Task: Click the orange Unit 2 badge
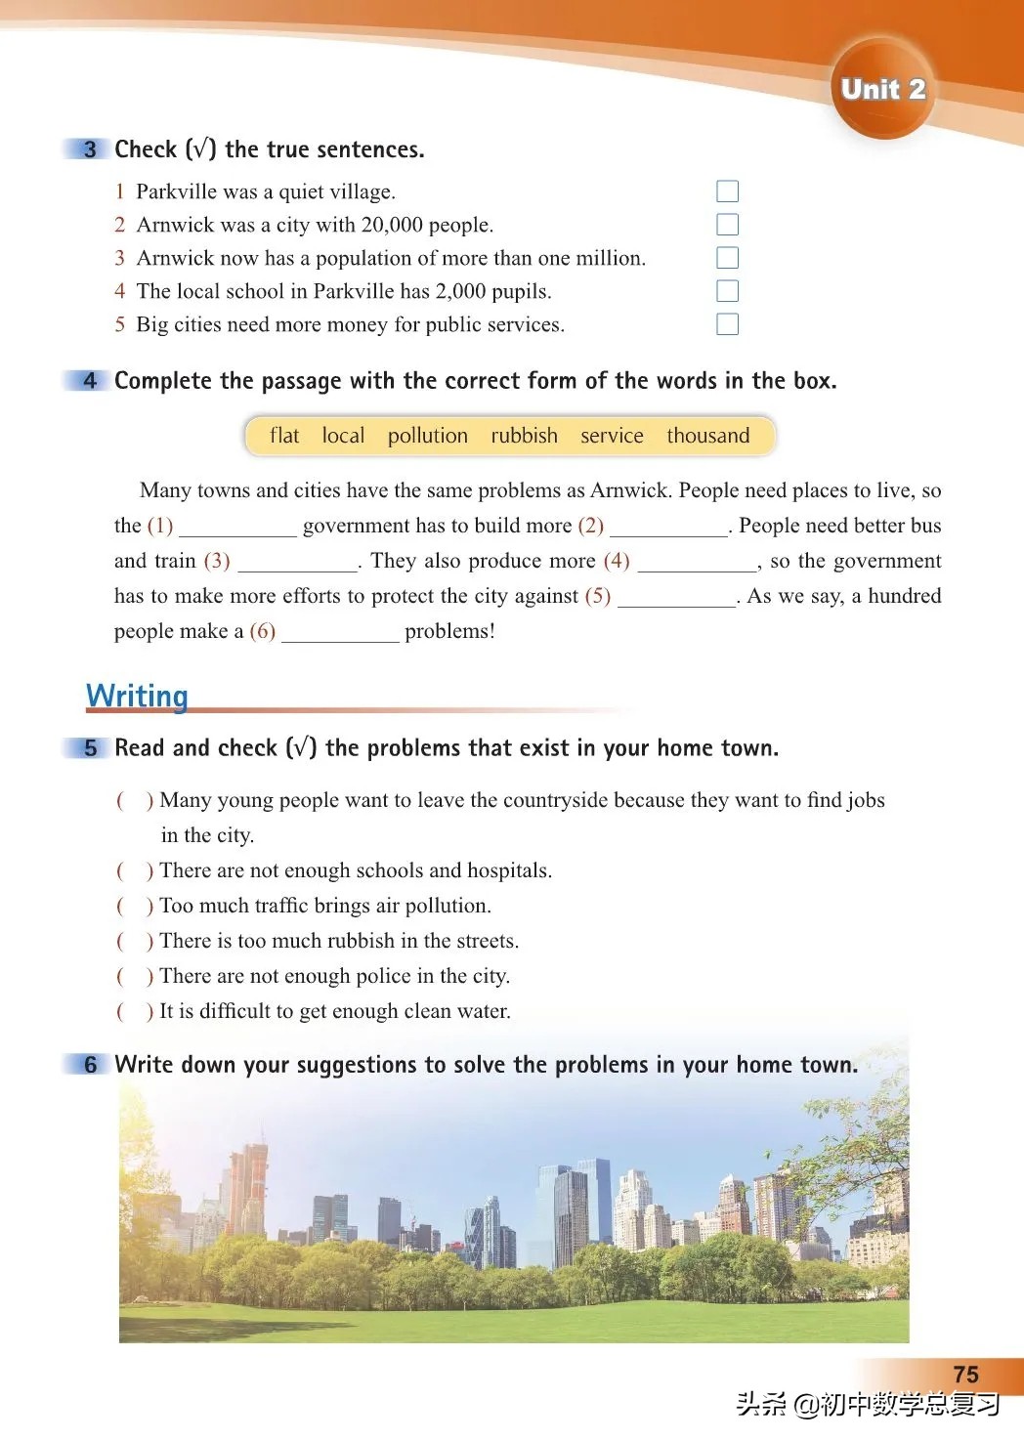pyautogui.click(x=882, y=89)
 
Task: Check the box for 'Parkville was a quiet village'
pyautogui.click(x=727, y=191)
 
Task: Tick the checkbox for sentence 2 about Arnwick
pyautogui.click(x=727, y=225)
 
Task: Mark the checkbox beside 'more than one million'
pyautogui.click(x=727, y=258)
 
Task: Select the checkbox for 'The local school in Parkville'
pyautogui.click(x=727, y=291)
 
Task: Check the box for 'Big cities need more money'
pyautogui.click(x=727, y=324)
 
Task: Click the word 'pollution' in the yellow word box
pyautogui.click(x=427, y=436)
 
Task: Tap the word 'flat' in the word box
pyautogui.click(x=284, y=436)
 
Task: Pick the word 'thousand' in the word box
pyautogui.click(x=707, y=436)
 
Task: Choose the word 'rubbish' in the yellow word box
pyautogui.click(x=524, y=436)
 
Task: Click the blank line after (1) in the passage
pyautogui.click(x=237, y=529)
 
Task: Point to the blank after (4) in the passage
pyautogui.click(x=696, y=564)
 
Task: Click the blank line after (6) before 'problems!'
pyautogui.click(x=340, y=634)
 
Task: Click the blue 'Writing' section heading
pyautogui.click(x=137, y=696)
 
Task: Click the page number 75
pyautogui.click(x=965, y=1375)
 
